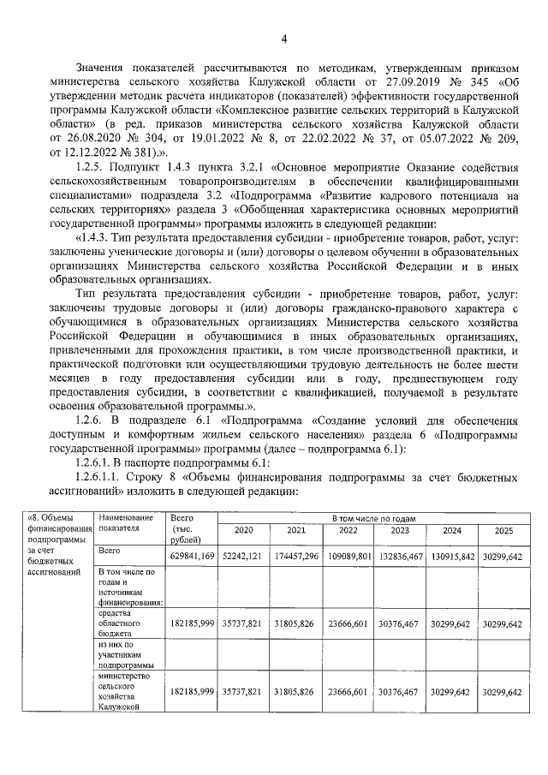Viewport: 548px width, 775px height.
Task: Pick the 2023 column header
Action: point(400,530)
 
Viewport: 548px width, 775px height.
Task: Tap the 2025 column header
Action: point(504,530)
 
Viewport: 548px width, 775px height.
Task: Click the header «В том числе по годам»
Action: point(373,518)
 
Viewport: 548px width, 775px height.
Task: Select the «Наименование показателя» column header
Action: point(126,523)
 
